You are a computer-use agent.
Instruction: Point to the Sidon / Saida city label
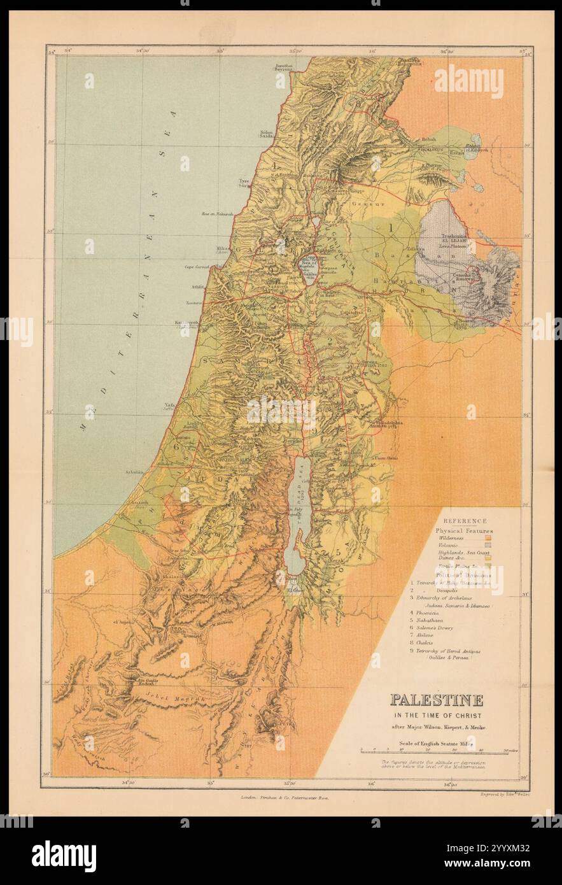(x=265, y=134)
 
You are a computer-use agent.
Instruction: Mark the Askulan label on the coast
(x=135, y=472)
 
